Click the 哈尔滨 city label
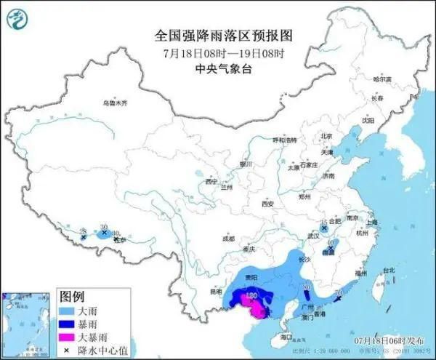tap(381, 79)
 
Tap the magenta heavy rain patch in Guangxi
tap(257, 311)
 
